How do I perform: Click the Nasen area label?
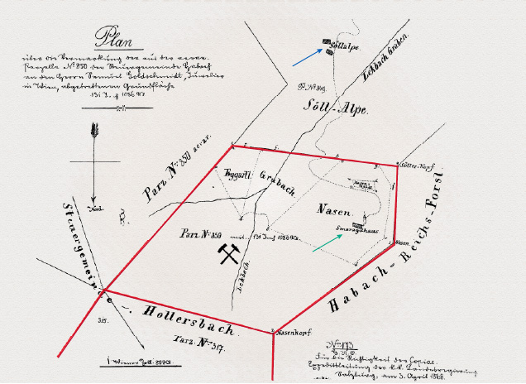point(331,210)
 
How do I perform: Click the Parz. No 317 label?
point(200,340)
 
